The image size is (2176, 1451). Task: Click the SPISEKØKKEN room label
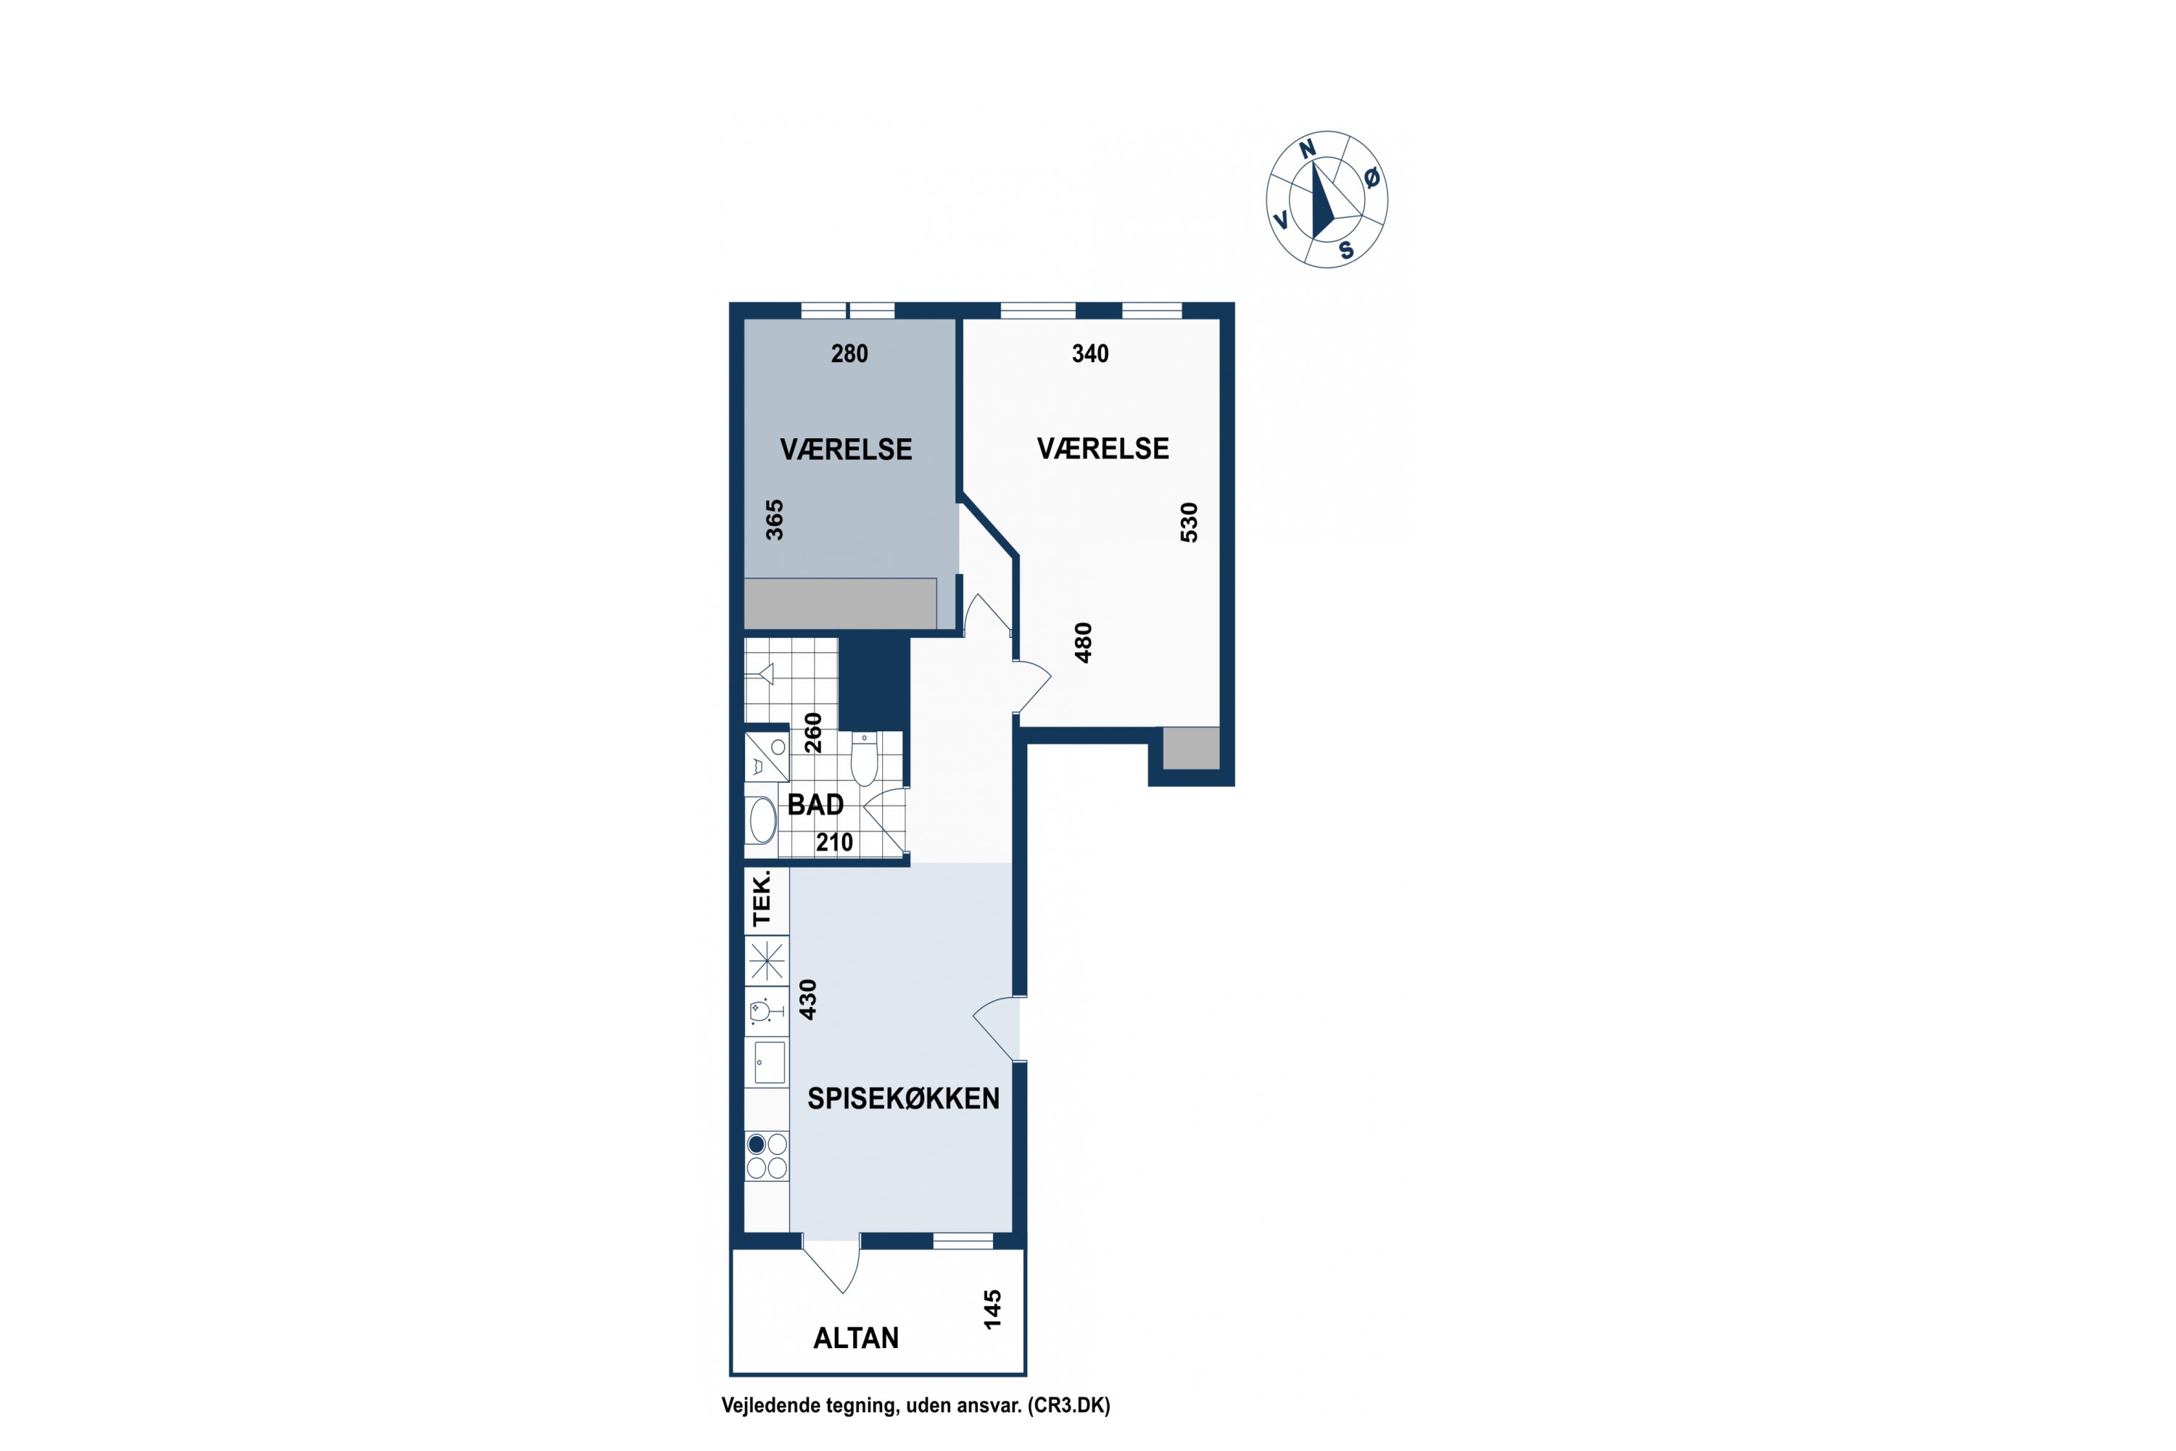point(903,1098)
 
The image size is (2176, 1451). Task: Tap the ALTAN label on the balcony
point(856,1338)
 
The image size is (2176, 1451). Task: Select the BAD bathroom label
point(815,805)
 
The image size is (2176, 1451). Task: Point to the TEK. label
point(762,899)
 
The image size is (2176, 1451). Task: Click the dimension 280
point(849,353)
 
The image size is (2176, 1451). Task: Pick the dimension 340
point(1090,353)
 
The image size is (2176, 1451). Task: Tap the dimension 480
point(1084,642)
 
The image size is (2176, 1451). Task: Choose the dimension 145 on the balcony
point(992,1310)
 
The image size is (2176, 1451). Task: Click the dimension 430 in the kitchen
point(808,1000)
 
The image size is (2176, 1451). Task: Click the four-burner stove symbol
point(767,1156)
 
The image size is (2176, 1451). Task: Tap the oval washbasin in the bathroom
point(762,820)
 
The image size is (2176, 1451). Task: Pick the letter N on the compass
point(1307,149)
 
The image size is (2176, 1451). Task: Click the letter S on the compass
point(1346,250)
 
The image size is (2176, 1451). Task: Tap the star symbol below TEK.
point(767,961)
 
